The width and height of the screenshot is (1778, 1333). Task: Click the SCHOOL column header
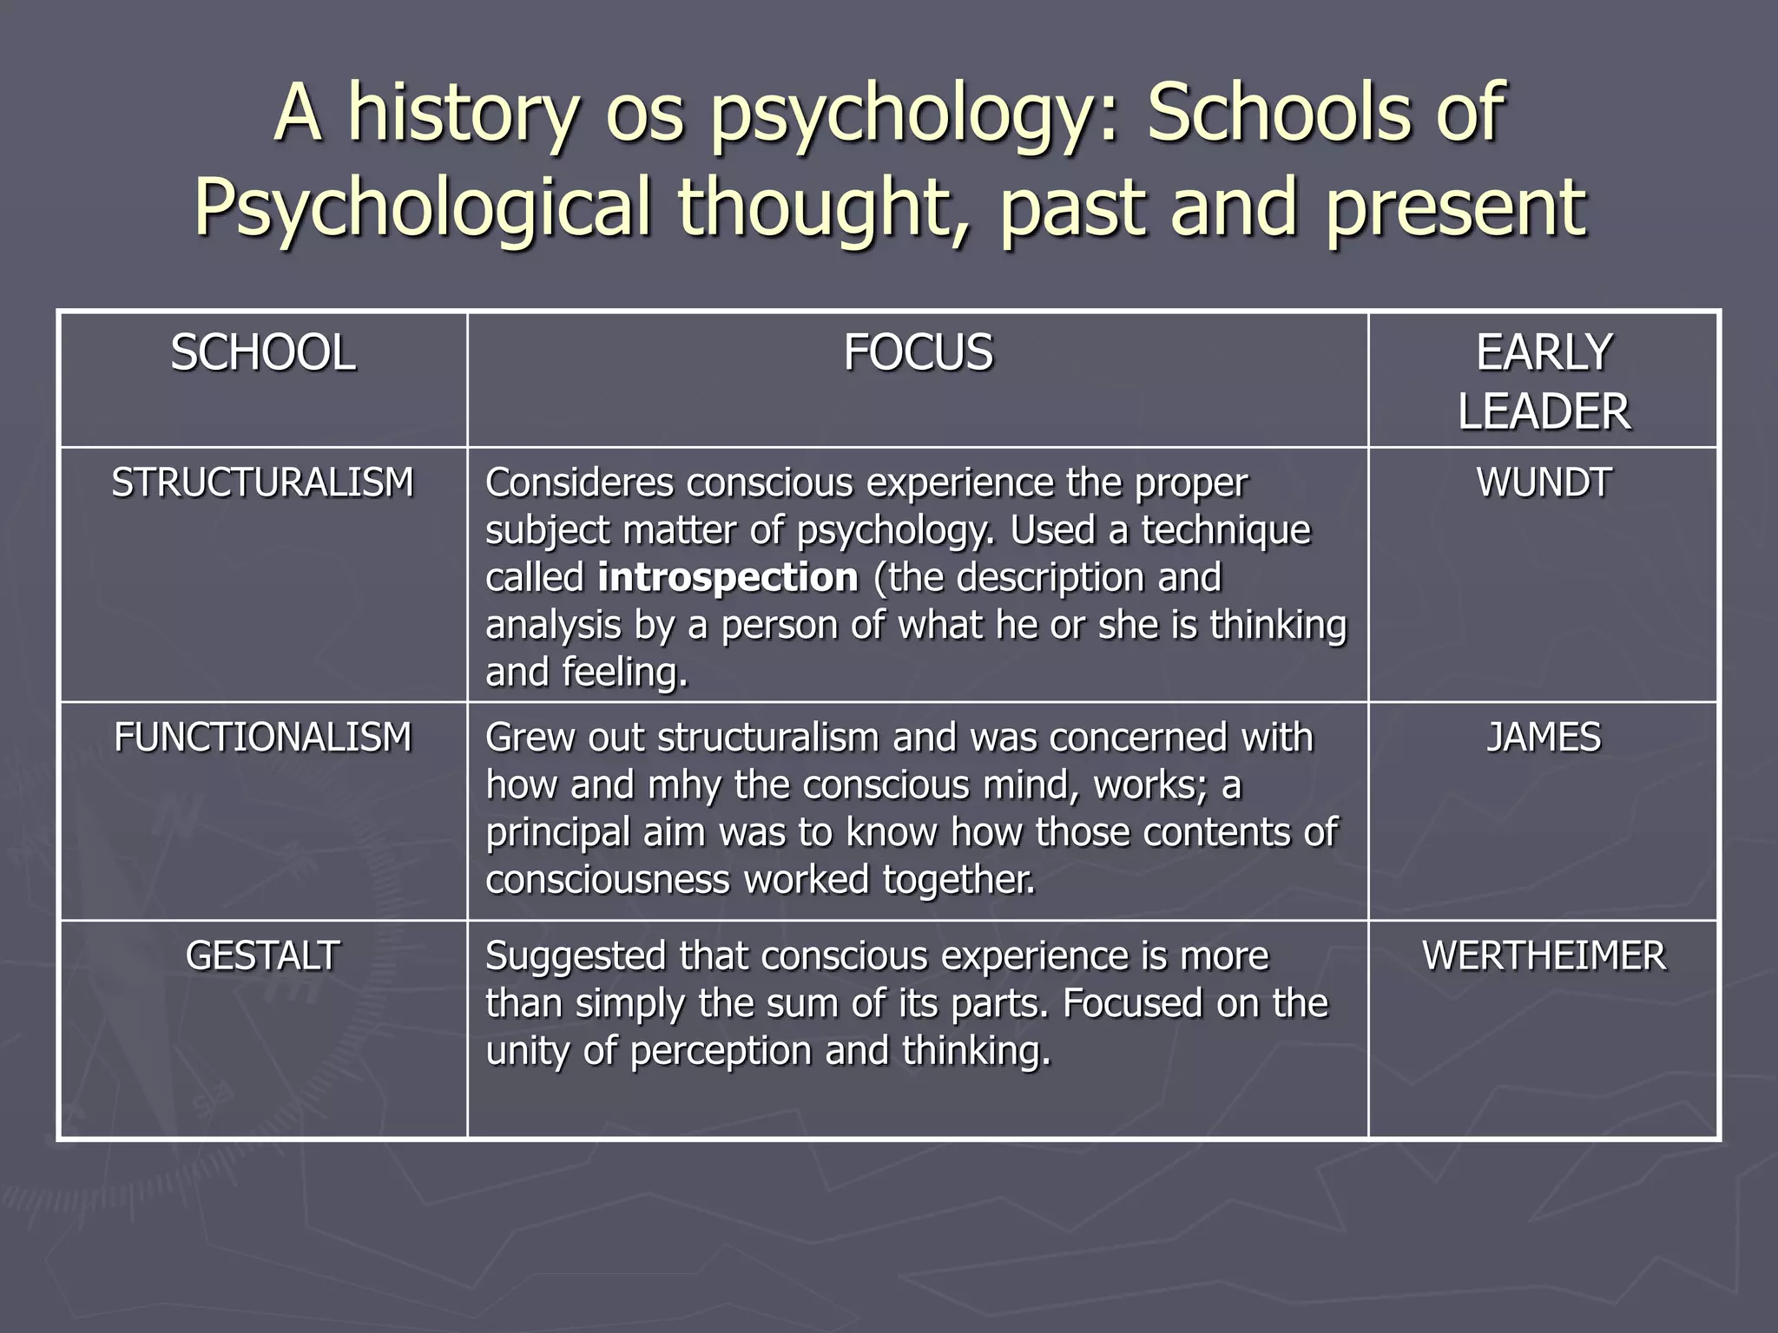pos(262,353)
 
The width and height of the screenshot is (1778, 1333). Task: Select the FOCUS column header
pos(918,353)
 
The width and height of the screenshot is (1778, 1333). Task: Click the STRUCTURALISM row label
pos(262,483)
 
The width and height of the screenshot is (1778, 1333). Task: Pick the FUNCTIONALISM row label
pos(262,738)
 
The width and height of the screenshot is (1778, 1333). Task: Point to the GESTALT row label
pos(262,956)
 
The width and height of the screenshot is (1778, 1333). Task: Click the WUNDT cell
pos(1544,483)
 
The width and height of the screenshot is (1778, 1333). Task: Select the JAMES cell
pos(1544,738)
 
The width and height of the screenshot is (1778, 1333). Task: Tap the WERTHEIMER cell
pos(1544,956)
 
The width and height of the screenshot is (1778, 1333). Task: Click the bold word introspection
pos(728,578)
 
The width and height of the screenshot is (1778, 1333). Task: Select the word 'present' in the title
pos(1455,208)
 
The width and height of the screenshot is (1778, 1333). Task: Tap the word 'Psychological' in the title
pos(422,208)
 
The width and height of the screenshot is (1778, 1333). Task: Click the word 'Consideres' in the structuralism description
pos(579,483)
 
